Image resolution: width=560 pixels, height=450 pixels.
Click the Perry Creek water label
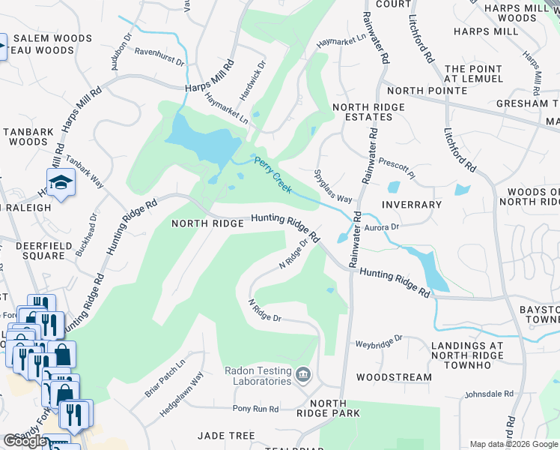273,175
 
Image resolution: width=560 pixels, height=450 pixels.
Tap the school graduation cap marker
60,182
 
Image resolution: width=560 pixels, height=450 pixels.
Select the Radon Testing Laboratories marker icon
303,373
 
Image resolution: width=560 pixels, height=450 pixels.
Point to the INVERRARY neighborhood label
412,205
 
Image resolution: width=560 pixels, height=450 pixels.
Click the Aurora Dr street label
382,226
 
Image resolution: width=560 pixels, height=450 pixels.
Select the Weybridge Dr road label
379,339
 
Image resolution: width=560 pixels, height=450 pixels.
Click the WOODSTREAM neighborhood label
394,377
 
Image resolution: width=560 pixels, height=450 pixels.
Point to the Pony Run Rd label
255,409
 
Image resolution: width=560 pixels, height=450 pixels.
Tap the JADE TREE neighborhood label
226,436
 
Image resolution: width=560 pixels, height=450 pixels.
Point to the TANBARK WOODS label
28,136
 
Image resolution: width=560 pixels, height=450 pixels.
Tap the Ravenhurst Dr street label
159,57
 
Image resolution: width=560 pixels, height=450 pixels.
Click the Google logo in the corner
25,441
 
